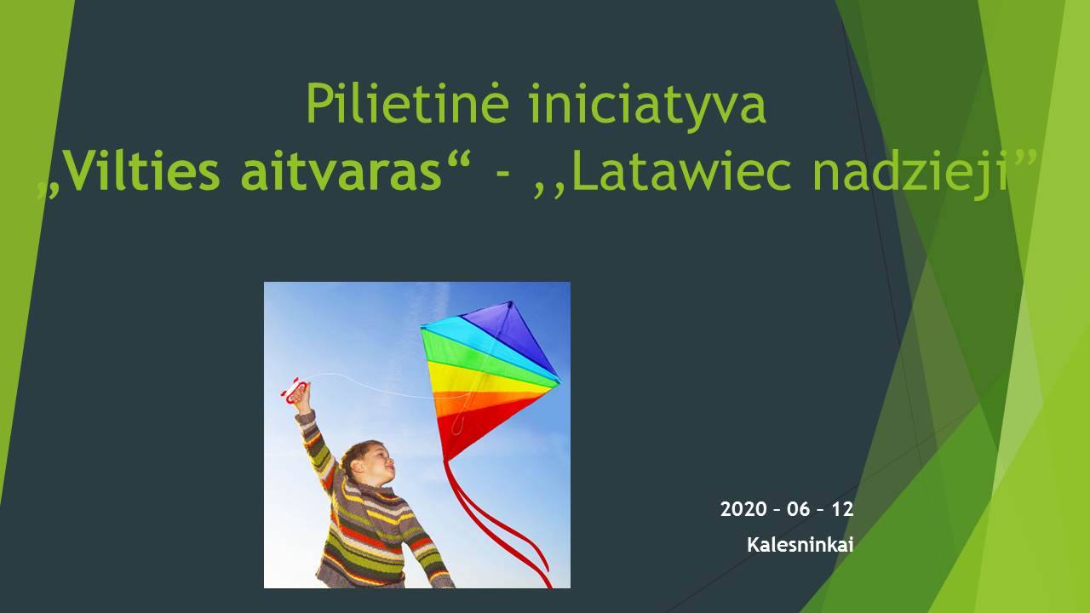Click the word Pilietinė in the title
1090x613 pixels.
click(x=408, y=103)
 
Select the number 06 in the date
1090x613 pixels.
click(x=798, y=509)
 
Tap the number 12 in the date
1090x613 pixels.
click(x=842, y=509)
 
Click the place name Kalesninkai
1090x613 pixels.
click(x=800, y=544)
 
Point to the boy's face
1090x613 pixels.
click(x=377, y=462)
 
